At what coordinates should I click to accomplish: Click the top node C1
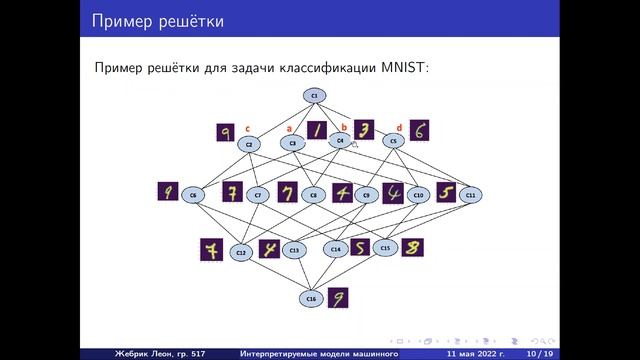click(x=314, y=95)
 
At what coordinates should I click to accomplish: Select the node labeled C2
click(x=249, y=144)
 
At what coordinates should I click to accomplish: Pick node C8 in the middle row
click(x=314, y=195)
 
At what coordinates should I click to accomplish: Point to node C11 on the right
click(x=470, y=194)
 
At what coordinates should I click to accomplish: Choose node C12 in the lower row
click(x=241, y=253)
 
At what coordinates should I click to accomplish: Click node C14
click(x=336, y=248)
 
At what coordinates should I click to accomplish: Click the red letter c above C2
click(x=247, y=127)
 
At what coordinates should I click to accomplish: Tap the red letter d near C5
click(x=399, y=127)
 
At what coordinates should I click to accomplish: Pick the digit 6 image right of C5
click(x=421, y=130)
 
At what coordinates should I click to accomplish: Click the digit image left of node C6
click(x=168, y=191)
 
